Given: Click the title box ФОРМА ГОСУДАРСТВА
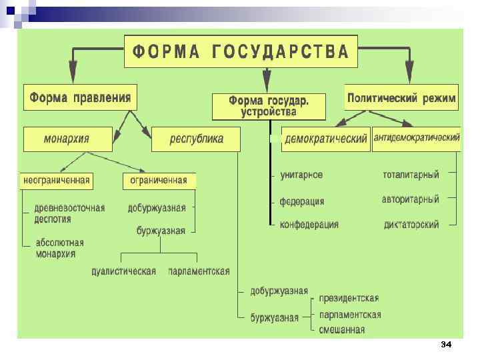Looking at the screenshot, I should pos(241,51).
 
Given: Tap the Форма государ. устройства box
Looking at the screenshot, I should pos(269,106).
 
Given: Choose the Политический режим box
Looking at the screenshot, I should pos(401,99).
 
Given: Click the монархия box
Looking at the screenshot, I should pos(67,139).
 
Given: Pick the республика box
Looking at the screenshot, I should pos(197,139).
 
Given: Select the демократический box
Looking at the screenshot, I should pos(325,139).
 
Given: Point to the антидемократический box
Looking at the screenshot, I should pos(416,139).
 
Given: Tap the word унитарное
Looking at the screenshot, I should pos(301,175).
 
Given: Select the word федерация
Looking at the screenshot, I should pos(302,201).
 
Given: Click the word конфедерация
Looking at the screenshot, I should pos(309,225).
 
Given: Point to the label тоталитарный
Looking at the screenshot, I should pos(411,175).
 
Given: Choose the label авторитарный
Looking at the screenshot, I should pos(410,199).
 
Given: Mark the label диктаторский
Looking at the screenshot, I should pos(411,225).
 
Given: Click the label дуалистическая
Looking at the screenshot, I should pos(124,271).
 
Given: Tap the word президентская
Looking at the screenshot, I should pos(349,298).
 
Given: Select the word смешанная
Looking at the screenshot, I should pos(342,329).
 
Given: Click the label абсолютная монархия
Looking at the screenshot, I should pos(59,248).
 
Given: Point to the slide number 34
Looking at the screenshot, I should pos(446,345).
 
